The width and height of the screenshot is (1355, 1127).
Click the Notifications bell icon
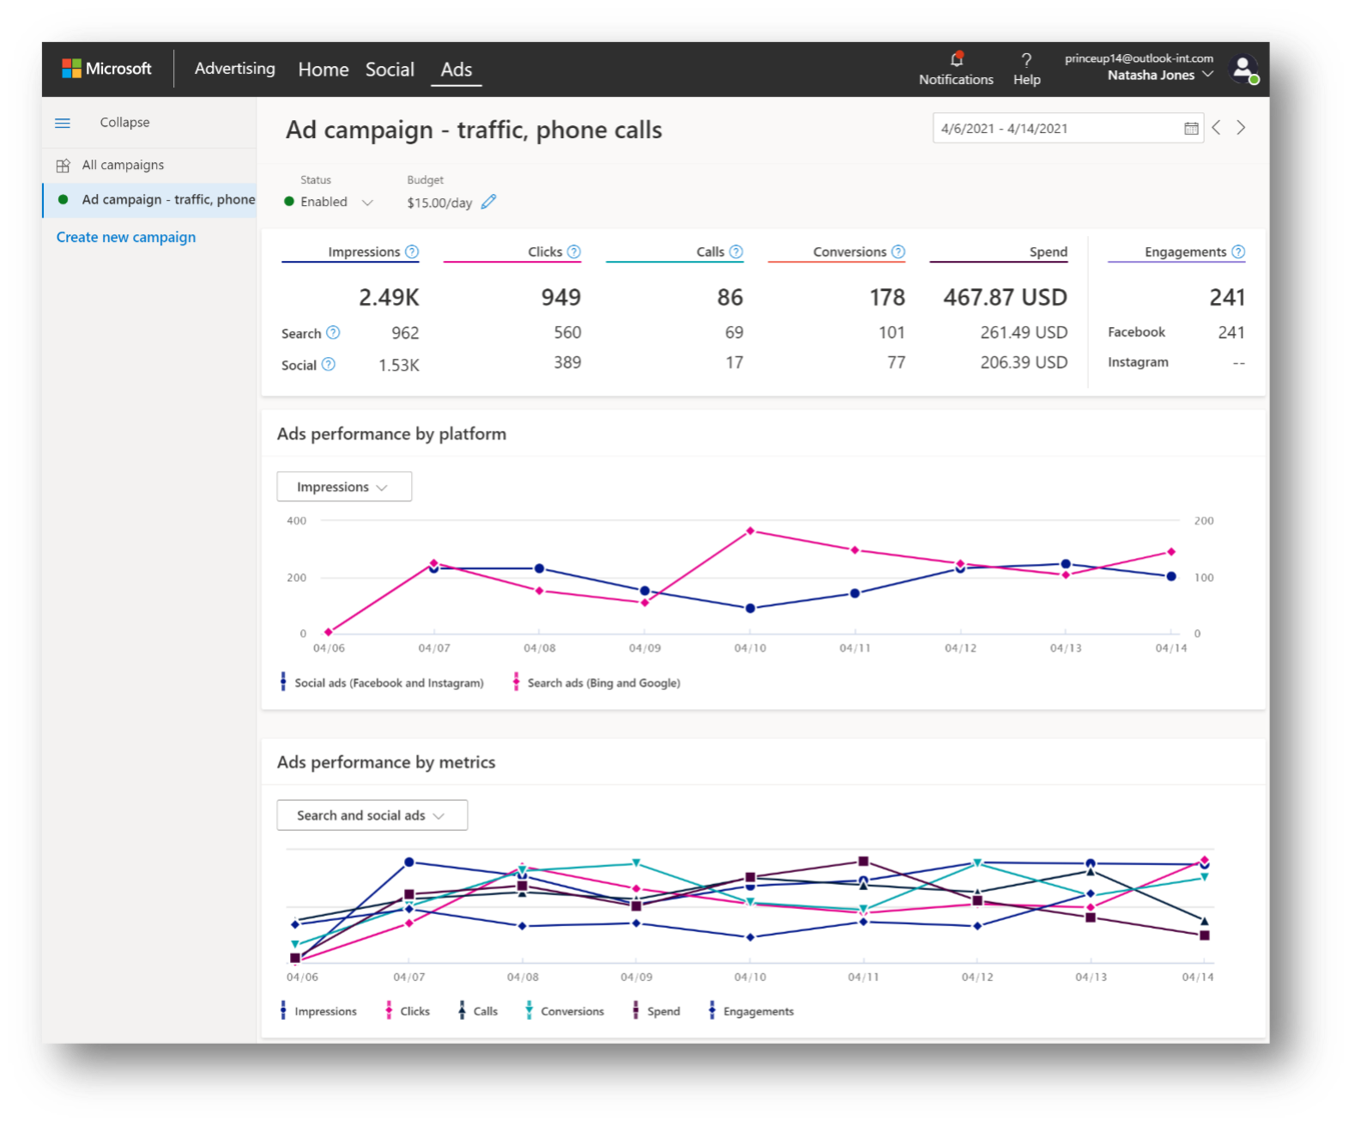click(x=957, y=60)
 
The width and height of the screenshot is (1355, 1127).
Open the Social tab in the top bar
click(x=390, y=70)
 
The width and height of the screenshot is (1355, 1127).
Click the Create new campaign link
click(x=126, y=237)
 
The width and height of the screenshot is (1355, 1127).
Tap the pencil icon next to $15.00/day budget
click(x=488, y=202)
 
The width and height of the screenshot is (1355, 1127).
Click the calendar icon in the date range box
click(x=1191, y=129)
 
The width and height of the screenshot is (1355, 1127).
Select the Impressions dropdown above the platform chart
click(x=343, y=487)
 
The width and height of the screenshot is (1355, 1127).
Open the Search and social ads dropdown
click(x=372, y=815)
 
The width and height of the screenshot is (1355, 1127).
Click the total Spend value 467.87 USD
click(x=1005, y=297)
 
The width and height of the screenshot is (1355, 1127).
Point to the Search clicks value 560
click(x=567, y=332)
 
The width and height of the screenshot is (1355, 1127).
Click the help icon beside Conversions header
click(x=898, y=251)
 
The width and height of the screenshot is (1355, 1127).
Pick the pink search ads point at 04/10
click(x=750, y=531)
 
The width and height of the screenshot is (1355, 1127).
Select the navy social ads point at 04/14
click(x=1171, y=576)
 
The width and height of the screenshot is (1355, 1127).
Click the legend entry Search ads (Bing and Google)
click(x=603, y=683)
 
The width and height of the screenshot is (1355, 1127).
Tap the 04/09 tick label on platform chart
click(x=644, y=648)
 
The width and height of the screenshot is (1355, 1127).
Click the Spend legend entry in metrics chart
click(x=662, y=1011)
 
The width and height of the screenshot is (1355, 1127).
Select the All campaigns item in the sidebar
click(x=123, y=165)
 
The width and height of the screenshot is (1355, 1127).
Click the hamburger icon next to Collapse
click(x=63, y=123)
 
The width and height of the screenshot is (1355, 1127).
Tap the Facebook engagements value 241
click(x=1231, y=332)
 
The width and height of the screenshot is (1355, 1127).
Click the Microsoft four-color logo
click(x=71, y=69)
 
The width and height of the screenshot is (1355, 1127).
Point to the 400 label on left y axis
click(x=296, y=521)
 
